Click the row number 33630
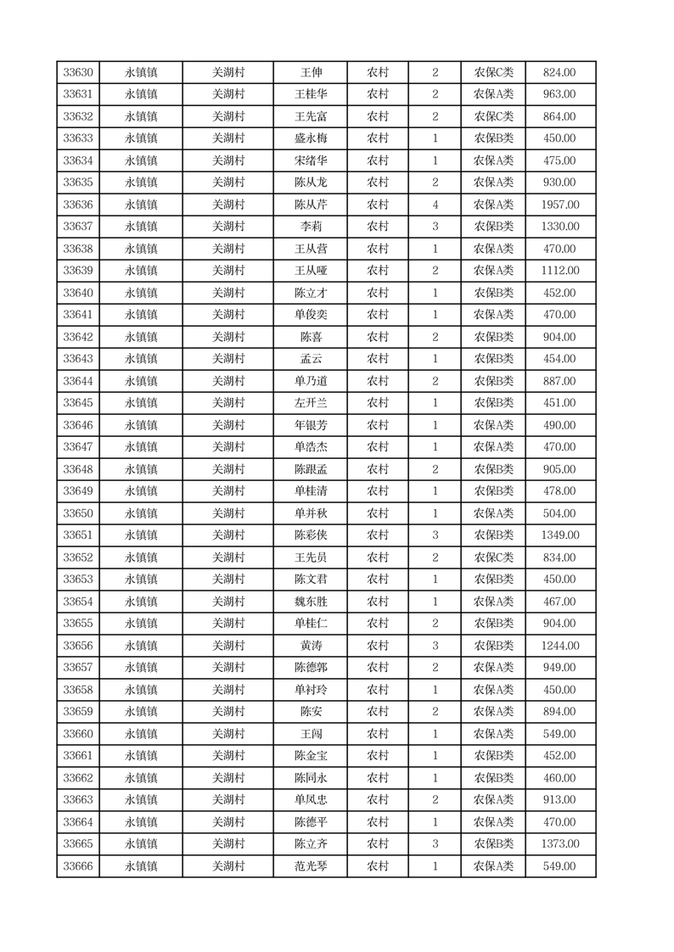click(78, 73)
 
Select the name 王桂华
click(311, 95)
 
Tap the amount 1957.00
click(559, 205)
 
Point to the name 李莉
click(311, 227)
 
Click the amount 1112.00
click(559, 272)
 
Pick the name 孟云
click(311, 360)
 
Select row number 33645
click(78, 404)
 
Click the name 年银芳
click(311, 426)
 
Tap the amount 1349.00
click(559, 536)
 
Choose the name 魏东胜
click(311, 602)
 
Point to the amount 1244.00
click(559, 647)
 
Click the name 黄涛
click(311, 647)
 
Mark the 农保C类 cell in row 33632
click(493, 117)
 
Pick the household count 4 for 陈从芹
click(435, 205)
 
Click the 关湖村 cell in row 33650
click(227, 514)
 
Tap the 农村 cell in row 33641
click(378, 316)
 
